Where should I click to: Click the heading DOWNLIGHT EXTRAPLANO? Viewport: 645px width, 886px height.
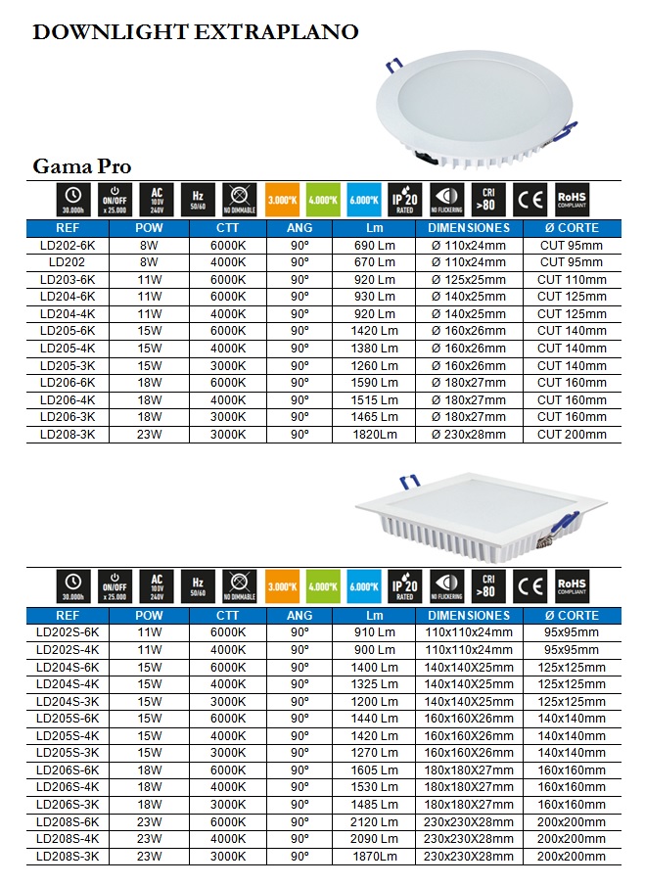195,33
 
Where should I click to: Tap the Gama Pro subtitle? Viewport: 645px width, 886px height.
82,165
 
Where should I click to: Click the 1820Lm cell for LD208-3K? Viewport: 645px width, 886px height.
375,435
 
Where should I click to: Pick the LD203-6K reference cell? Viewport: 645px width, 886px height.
68,280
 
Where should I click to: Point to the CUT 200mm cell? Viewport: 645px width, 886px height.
572,435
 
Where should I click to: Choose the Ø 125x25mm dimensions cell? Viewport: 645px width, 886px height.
469,280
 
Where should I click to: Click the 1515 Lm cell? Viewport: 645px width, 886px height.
375,400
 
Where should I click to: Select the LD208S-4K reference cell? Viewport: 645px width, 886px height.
68,839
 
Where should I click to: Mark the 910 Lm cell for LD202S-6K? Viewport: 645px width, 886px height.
375,632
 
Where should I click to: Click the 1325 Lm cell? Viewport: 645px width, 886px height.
375,684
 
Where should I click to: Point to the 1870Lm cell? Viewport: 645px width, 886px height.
375,857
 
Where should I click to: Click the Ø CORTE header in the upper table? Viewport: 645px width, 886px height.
572,228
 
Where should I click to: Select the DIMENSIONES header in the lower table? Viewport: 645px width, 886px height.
469,616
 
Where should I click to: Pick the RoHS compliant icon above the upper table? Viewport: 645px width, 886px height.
572,200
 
